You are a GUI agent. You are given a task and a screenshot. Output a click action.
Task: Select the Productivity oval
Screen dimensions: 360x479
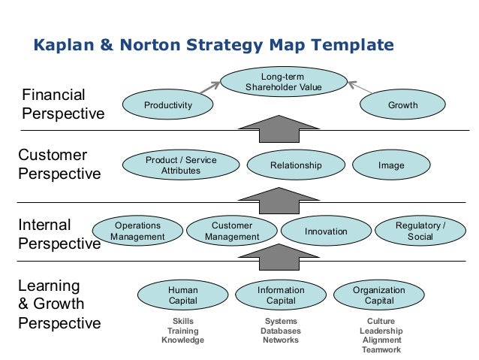point(168,106)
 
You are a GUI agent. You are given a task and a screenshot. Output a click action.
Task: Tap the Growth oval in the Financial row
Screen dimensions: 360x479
point(402,106)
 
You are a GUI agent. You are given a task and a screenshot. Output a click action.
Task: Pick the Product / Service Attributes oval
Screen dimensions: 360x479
point(180,165)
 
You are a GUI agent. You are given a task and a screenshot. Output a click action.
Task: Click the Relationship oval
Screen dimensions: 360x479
point(295,165)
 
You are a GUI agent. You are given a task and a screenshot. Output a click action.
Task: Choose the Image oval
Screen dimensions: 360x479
point(391,165)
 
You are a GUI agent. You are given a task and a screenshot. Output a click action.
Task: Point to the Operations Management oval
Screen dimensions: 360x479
point(137,231)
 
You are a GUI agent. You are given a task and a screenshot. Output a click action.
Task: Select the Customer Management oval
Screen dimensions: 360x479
point(232,231)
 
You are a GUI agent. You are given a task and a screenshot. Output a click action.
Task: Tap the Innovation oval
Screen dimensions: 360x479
point(326,231)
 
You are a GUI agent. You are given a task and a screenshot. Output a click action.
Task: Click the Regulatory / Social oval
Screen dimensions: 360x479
point(420,231)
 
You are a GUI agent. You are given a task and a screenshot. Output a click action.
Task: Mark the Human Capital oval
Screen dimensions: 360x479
point(182,295)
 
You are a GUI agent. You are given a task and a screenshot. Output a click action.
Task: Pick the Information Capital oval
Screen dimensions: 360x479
point(281,295)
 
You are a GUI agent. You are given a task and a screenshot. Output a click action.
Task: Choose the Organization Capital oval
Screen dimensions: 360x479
point(378,295)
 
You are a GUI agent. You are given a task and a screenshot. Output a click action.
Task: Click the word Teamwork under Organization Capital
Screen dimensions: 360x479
point(381,350)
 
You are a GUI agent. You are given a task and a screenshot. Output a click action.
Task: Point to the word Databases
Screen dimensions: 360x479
point(280,331)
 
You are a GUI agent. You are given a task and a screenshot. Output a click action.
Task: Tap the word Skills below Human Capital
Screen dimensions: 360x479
point(182,321)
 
